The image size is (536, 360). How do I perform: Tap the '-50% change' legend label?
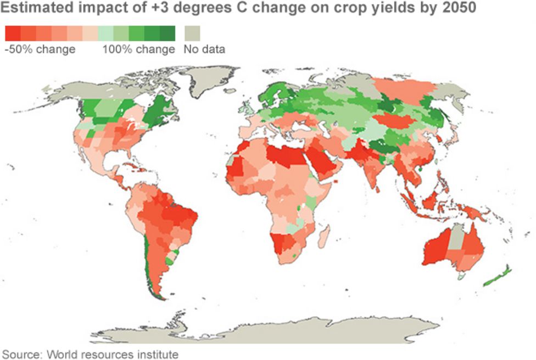(40, 49)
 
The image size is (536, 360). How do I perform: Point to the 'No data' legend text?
(204, 49)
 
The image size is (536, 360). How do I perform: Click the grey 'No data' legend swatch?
(192, 33)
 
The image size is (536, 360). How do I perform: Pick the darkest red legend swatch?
(13, 33)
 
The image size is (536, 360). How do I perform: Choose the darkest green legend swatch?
(168, 33)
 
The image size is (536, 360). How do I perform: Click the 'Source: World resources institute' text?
(91, 353)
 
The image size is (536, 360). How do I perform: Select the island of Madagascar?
(323, 236)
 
